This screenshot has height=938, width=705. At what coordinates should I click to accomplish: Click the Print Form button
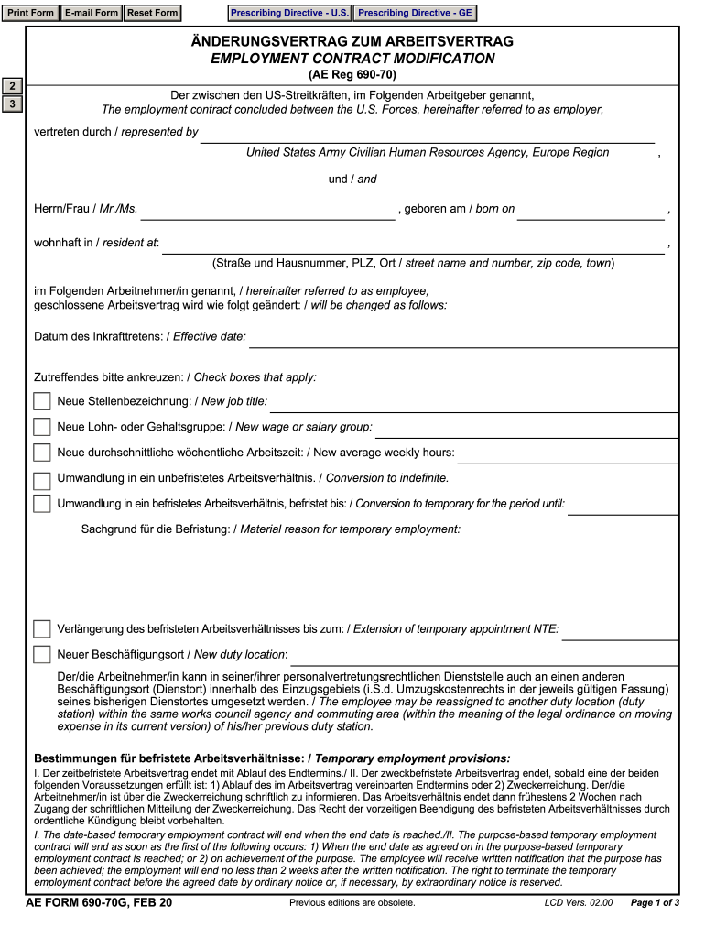(x=31, y=13)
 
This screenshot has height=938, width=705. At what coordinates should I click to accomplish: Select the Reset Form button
(x=152, y=13)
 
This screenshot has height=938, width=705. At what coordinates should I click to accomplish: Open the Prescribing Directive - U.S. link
(x=289, y=13)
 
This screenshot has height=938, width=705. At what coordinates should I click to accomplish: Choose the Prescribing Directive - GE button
(x=415, y=13)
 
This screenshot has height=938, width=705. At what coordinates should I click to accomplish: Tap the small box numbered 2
(x=12, y=86)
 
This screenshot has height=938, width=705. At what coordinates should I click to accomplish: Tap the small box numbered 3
(x=12, y=104)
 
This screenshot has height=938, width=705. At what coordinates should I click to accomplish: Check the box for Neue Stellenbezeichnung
(x=42, y=401)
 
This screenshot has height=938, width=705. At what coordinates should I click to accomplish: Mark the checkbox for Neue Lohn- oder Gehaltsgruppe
(x=42, y=427)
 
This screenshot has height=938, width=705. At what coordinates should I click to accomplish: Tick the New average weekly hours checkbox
(x=42, y=453)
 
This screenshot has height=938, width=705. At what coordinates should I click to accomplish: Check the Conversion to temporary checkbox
(x=42, y=503)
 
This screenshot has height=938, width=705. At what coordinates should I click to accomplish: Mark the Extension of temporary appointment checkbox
(x=42, y=629)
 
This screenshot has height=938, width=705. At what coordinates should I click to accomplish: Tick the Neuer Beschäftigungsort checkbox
(x=42, y=654)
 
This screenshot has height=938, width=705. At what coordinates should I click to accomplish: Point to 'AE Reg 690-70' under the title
(x=352, y=75)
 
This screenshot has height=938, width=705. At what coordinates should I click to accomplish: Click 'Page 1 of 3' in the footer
(x=655, y=903)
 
